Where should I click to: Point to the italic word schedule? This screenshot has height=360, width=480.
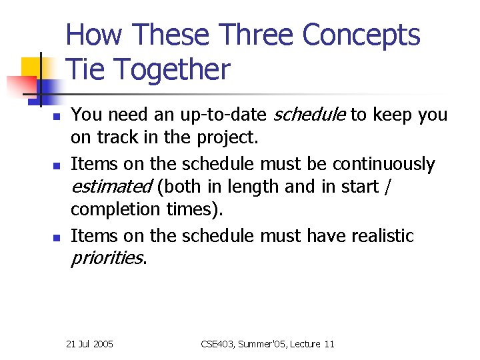(x=311, y=115)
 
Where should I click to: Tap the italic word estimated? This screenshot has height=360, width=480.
(x=111, y=187)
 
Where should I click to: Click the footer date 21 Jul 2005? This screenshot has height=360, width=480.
(x=90, y=344)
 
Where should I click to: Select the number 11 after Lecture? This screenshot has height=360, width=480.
(x=329, y=344)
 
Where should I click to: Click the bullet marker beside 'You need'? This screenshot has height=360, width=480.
(x=57, y=117)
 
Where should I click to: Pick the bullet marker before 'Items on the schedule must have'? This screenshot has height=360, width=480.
(x=57, y=237)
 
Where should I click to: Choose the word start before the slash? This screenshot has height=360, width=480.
(x=361, y=187)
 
